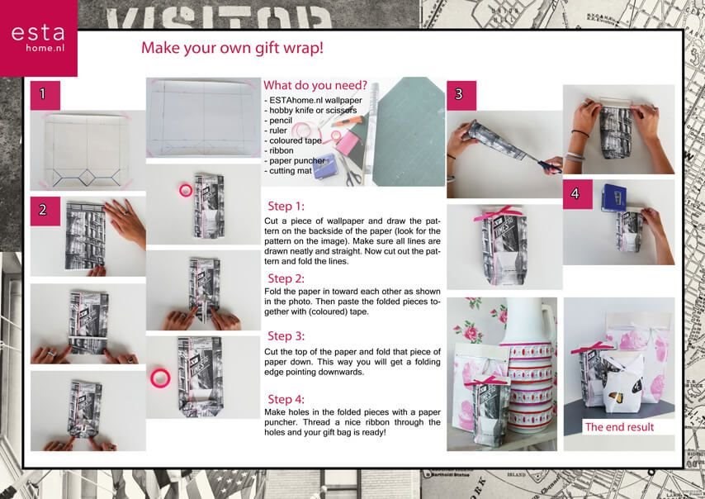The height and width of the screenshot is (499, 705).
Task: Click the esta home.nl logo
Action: click(38, 38)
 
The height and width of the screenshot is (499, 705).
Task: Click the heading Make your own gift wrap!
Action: click(232, 48)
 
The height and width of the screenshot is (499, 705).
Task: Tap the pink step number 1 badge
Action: click(45, 95)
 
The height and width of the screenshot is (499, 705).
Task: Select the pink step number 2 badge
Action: click(45, 211)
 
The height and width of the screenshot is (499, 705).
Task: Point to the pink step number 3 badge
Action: click(461, 95)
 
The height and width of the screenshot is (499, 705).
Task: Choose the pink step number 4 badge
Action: click(577, 194)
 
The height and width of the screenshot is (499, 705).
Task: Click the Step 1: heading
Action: click(286, 207)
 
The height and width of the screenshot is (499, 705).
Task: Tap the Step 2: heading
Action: click(286, 278)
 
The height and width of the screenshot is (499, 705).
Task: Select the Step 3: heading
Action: click(286, 336)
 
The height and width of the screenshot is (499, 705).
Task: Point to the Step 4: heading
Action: click(286, 400)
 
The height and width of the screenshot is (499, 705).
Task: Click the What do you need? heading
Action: click(315, 85)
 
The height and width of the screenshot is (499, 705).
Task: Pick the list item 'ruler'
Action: click(276, 131)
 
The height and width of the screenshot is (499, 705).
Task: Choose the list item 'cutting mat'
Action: click(288, 171)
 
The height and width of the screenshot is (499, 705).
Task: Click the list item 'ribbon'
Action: click(279, 150)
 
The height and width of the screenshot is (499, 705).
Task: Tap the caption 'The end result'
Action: click(619, 427)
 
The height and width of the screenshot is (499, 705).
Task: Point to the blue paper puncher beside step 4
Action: click(614, 197)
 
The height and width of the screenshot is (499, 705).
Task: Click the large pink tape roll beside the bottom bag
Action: click(160, 378)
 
